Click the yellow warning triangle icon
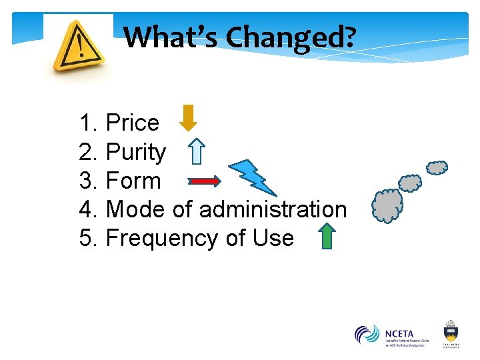pyautogui.click(x=79, y=46)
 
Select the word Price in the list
pyautogui.click(x=133, y=123)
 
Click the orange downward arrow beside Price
pyautogui.click(x=189, y=117)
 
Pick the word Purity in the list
pyautogui.click(x=136, y=152)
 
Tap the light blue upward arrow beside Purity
pyautogui.click(x=195, y=151)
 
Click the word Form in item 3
pyautogui.click(x=133, y=181)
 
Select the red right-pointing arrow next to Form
pyautogui.click(x=204, y=181)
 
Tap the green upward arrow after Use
pyautogui.click(x=326, y=236)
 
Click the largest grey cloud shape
pyautogui.click(x=387, y=205)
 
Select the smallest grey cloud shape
pyautogui.click(x=437, y=167)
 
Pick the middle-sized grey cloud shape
pyautogui.click(x=410, y=183)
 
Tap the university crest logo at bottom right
pyautogui.click(x=451, y=333)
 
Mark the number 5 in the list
pyautogui.click(x=86, y=238)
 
